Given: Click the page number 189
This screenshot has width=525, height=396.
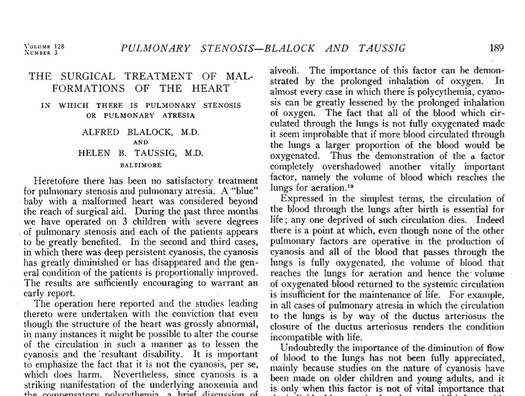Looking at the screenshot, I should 496,48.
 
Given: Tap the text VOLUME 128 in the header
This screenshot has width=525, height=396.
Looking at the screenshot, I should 44,46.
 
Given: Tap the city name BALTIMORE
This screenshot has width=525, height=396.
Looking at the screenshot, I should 140,165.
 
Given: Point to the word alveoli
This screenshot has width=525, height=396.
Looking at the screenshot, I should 283,70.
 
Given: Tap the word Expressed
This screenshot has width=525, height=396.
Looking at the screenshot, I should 302,199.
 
